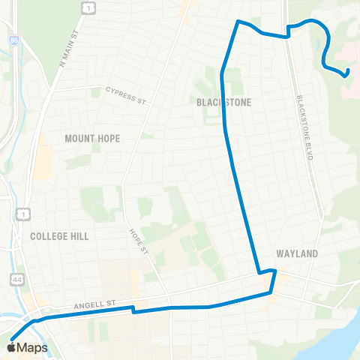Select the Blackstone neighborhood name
(x=223, y=102)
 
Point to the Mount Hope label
(x=92, y=139)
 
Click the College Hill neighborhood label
(x=59, y=235)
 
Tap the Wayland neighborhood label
(x=298, y=253)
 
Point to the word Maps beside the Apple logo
(x=33, y=347)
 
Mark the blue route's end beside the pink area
(x=348, y=73)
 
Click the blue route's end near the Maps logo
(x=11, y=337)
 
